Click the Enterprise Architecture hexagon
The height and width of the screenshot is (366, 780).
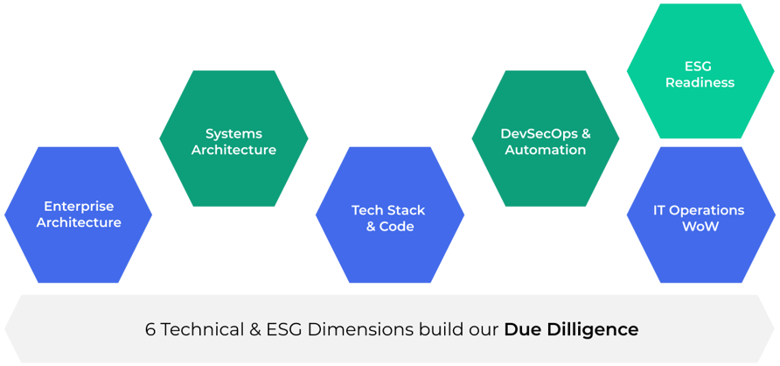[x=79, y=215]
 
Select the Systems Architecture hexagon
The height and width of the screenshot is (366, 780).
[x=233, y=140]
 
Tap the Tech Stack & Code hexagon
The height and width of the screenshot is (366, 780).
[x=390, y=218]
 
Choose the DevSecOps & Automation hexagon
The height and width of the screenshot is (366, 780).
[x=546, y=140]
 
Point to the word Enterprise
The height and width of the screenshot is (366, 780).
[x=79, y=207]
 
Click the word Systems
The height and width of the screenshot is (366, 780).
[x=233, y=133]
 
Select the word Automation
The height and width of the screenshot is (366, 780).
[x=546, y=150]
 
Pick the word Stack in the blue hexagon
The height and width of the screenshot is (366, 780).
[x=407, y=210]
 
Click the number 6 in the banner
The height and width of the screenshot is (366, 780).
[x=150, y=330]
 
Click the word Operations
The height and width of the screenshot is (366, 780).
[x=708, y=210]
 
